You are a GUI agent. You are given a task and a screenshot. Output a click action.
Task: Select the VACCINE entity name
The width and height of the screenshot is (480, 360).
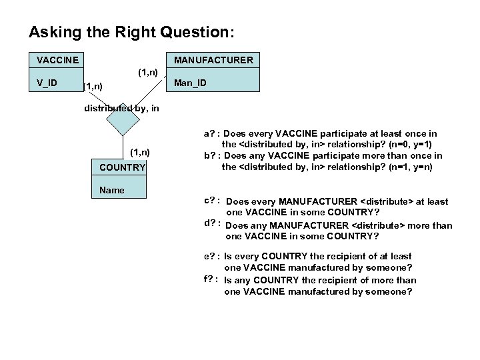tap(57, 60)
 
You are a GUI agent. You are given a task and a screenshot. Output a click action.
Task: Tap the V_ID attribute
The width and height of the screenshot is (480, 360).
tap(47, 83)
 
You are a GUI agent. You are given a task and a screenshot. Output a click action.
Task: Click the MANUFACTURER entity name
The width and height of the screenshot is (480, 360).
tap(213, 60)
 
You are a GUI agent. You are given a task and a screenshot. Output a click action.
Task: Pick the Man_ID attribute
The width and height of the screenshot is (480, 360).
tap(190, 83)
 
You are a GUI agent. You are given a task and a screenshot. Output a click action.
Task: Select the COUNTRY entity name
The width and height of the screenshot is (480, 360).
tap(122, 167)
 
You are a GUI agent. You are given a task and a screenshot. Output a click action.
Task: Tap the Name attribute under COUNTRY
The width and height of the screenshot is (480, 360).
tap(111, 190)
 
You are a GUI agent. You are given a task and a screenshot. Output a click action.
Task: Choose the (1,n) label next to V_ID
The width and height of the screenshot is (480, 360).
tap(93, 86)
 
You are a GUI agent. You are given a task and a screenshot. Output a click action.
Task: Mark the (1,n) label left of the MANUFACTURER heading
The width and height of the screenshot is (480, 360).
tap(147, 71)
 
